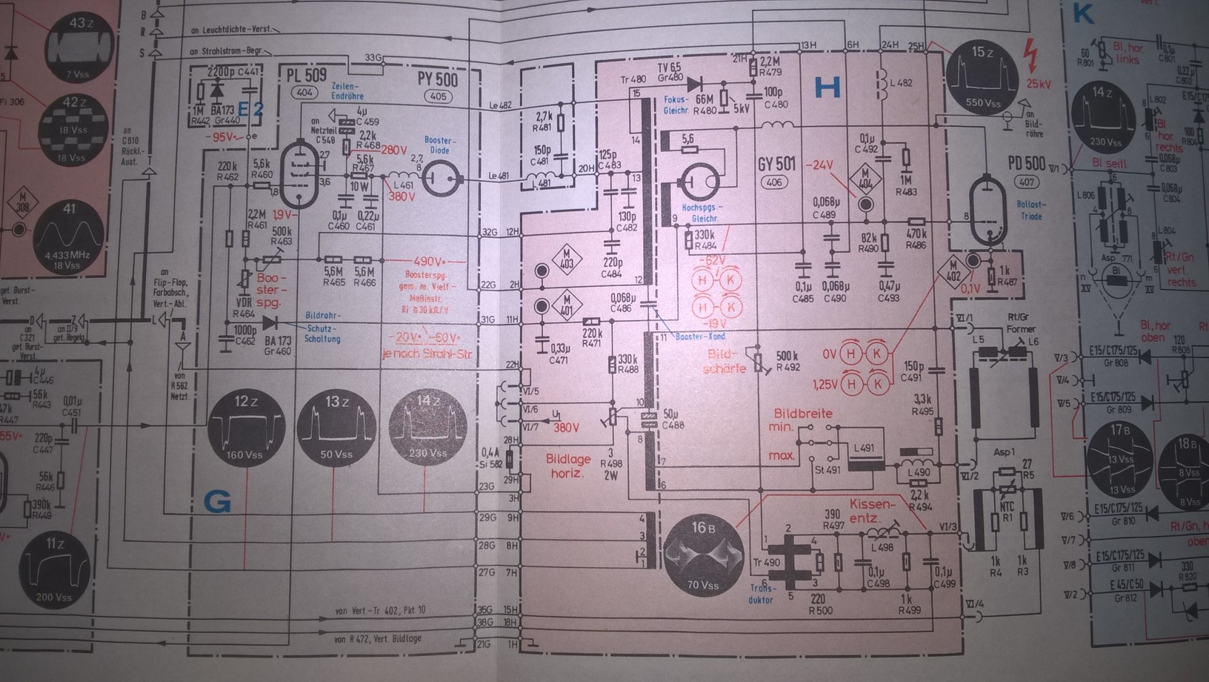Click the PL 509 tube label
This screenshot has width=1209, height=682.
point(306,75)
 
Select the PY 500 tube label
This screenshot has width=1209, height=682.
point(437,79)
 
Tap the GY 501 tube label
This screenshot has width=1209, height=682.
point(776,163)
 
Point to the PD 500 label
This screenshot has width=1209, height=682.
point(1026,163)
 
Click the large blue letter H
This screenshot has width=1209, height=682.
point(827,88)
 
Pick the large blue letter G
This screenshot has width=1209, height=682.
point(217,503)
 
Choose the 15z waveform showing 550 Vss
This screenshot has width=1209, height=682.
point(982,79)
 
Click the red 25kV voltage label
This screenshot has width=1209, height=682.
point(1039,84)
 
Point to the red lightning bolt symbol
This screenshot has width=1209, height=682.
point(1029,53)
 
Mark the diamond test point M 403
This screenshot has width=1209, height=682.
point(567,259)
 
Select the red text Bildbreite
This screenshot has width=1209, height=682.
point(803,414)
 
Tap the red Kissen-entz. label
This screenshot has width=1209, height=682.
point(872,510)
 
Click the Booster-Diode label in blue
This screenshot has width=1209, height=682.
point(440,145)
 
